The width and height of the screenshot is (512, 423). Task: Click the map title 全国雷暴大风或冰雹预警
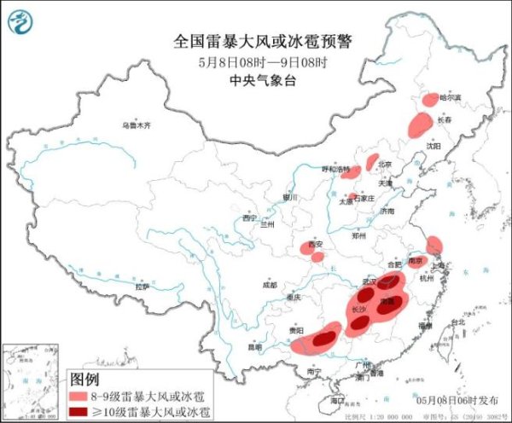tap(256, 40)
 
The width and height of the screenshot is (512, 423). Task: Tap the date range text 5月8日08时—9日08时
tap(256, 61)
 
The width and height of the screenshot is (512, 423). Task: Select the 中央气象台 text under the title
tap(256, 81)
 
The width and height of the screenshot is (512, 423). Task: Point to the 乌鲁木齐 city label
tap(136, 125)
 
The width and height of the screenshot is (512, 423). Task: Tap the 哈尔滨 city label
tap(449, 98)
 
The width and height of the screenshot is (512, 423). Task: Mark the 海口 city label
tap(338, 399)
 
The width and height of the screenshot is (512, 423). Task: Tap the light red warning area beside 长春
tap(419, 125)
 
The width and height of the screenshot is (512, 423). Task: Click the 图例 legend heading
tap(84, 379)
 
